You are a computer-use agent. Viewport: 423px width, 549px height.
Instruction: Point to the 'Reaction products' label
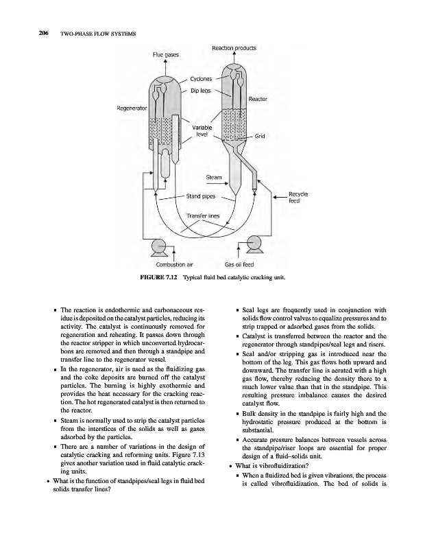234,48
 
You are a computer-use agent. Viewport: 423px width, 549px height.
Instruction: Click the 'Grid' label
260,136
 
